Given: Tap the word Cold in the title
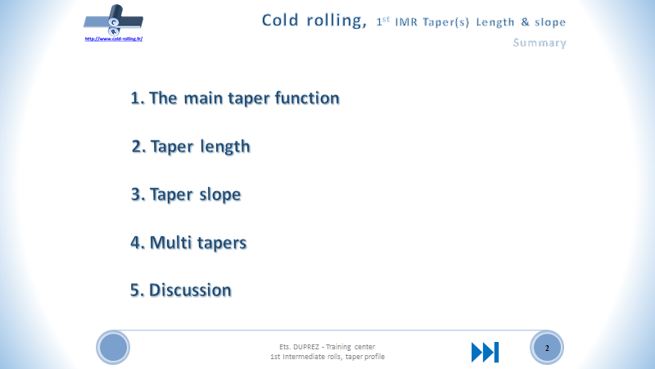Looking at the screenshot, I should click(x=281, y=20).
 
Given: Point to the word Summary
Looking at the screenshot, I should click(x=539, y=43).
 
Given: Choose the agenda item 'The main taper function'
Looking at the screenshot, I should click(x=234, y=98).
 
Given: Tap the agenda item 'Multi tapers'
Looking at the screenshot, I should click(x=188, y=244).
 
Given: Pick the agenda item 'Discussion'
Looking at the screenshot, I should click(x=181, y=290).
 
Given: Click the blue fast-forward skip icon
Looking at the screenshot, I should click(x=485, y=352).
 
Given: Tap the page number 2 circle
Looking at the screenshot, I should click(x=546, y=348).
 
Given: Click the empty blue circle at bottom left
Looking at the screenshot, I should click(x=114, y=348).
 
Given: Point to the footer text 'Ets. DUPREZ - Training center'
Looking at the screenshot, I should click(x=327, y=346).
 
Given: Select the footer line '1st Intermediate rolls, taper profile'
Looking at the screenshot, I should click(x=327, y=357).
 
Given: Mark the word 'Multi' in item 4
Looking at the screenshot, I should click(x=169, y=244).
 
